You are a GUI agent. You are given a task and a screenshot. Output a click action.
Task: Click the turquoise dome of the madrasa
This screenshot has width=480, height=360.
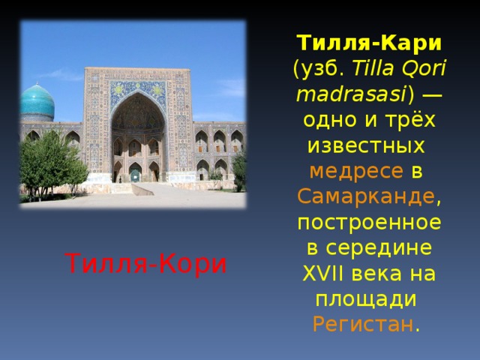click(x=37, y=103)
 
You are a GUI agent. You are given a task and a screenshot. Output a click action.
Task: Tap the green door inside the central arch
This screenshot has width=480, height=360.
click(x=135, y=175)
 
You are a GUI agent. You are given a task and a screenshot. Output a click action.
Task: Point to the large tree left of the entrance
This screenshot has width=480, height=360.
click(x=49, y=161)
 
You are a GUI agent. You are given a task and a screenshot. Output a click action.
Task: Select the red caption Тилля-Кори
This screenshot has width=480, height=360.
click(x=146, y=263)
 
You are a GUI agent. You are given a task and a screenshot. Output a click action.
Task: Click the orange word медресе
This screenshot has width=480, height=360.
click(x=357, y=171)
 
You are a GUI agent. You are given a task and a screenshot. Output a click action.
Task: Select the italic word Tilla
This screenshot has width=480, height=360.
click(x=372, y=69)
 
